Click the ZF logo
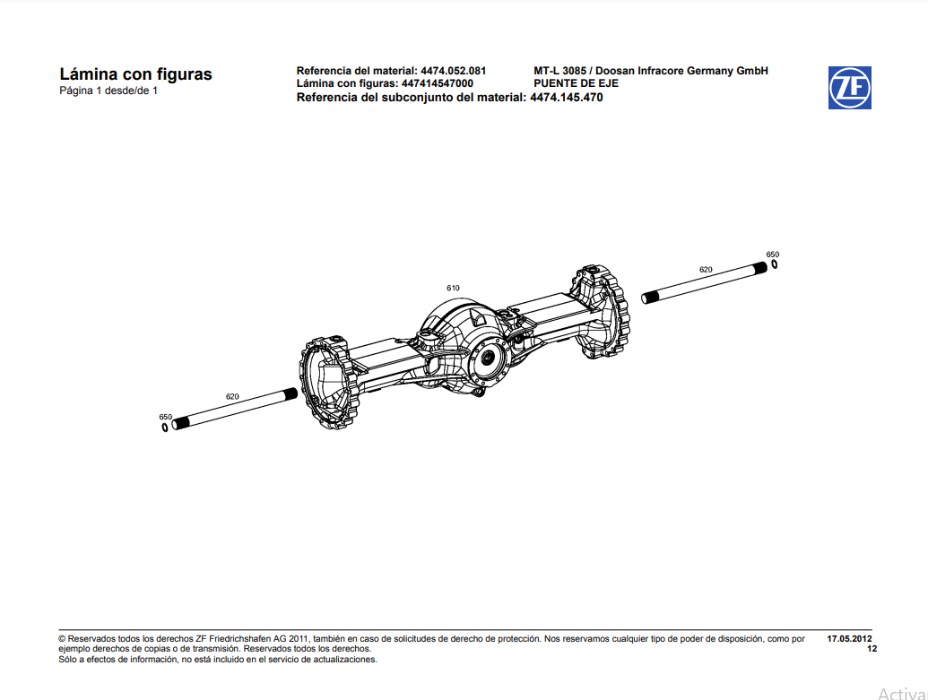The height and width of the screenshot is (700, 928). pyautogui.click(x=849, y=88)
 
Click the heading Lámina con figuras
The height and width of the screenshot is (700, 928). pyautogui.click(x=135, y=74)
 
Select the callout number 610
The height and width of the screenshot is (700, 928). pyautogui.click(x=454, y=288)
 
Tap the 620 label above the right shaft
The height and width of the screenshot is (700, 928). pyautogui.click(x=706, y=269)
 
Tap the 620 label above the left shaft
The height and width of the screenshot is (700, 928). pyautogui.click(x=232, y=395)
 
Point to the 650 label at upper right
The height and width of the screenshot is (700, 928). pyautogui.click(x=773, y=255)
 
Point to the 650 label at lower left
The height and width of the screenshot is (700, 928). pyautogui.click(x=165, y=417)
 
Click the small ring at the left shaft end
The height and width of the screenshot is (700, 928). pyautogui.click(x=165, y=427)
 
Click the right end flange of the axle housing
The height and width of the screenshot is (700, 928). pyautogui.click(x=601, y=312)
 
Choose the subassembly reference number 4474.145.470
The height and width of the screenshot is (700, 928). pyautogui.click(x=567, y=98)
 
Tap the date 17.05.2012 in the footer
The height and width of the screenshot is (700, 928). pyautogui.click(x=849, y=639)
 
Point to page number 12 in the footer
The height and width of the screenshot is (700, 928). pyautogui.click(x=872, y=649)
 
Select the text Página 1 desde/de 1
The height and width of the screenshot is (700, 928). pyautogui.click(x=108, y=91)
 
